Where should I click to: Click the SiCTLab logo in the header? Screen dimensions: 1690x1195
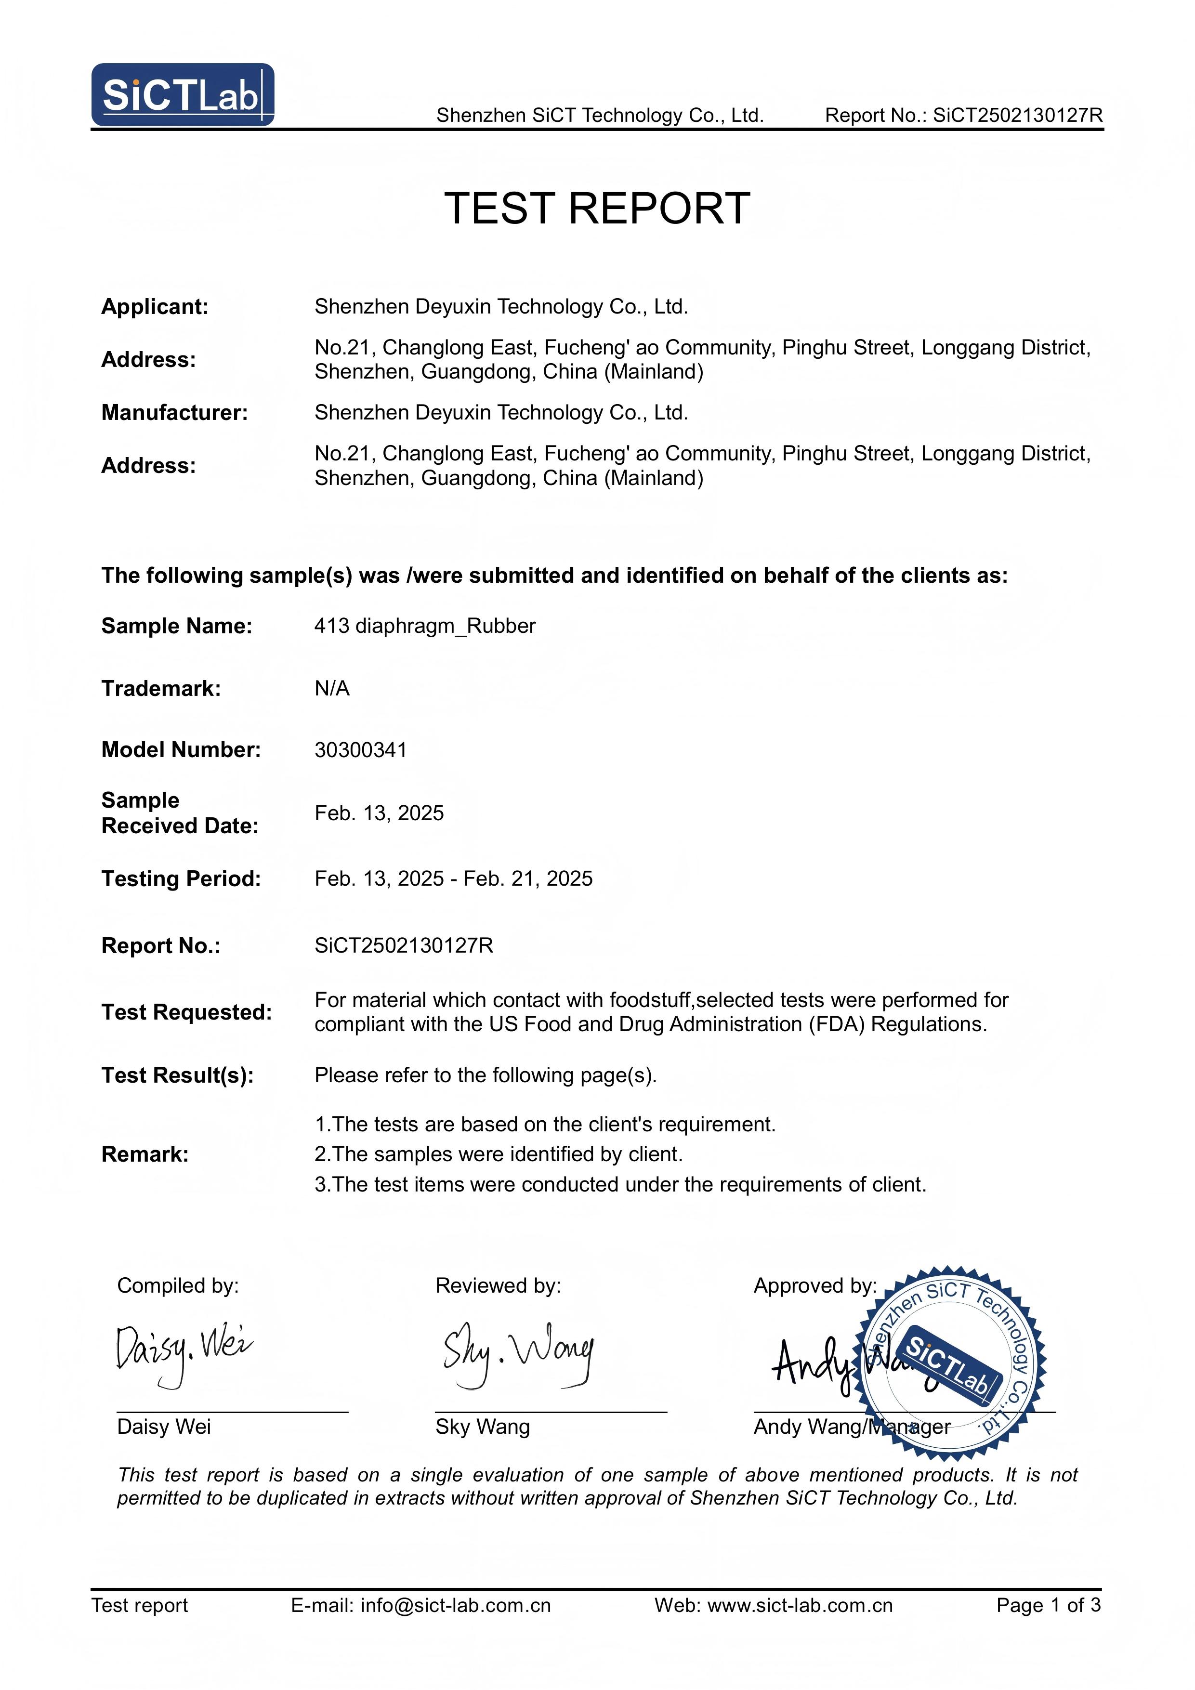183,95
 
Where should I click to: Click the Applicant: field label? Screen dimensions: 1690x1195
155,307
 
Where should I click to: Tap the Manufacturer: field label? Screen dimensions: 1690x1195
174,413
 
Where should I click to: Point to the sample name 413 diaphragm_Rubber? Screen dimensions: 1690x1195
425,627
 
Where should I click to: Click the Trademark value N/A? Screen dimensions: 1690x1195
332,689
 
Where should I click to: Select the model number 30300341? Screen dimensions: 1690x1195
361,750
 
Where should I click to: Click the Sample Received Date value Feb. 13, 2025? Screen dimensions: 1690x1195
379,813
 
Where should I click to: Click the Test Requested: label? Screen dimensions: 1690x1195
186,1013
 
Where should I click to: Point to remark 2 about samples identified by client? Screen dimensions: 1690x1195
499,1154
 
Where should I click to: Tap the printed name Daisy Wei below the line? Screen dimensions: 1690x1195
164,1427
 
